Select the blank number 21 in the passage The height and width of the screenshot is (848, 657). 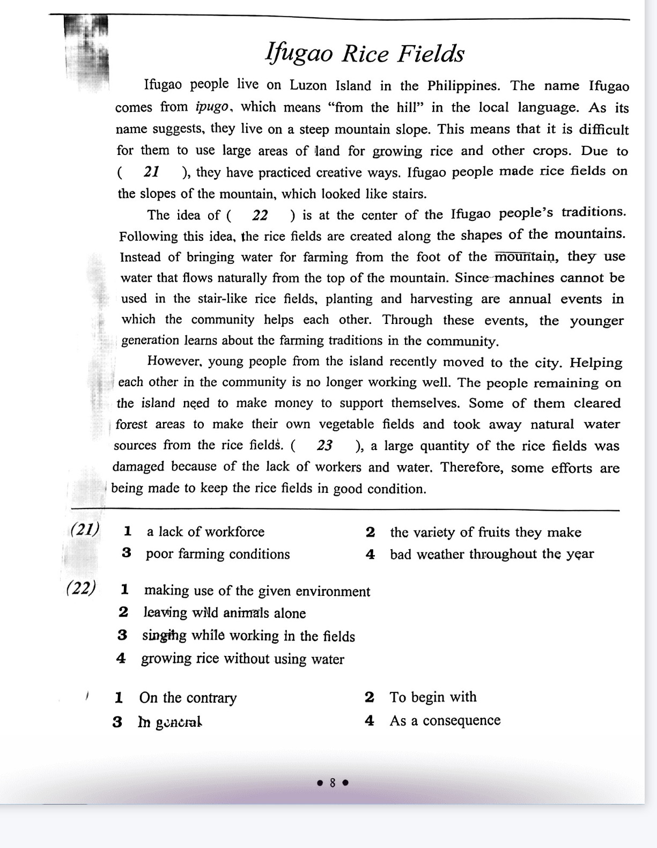coord(152,172)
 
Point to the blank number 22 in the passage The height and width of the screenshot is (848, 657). coord(260,215)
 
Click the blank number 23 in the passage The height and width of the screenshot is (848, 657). coord(324,446)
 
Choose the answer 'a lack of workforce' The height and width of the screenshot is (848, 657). coord(205,532)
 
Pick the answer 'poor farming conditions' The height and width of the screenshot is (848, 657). coord(217,554)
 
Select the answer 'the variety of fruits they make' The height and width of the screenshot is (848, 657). coord(485,532)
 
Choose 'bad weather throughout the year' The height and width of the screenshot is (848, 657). coord(492,554)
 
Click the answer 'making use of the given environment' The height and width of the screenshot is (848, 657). coord(257,591)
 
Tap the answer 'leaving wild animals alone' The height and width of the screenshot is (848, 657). coord(224,613)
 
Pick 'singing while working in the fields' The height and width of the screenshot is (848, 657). coord(248,636)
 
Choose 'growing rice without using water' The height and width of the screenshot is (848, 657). coord(242,659)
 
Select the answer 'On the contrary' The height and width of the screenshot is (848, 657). coord(188,698)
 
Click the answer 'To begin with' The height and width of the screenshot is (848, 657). coord(433,697)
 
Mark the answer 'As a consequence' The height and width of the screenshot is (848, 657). coord(445,720)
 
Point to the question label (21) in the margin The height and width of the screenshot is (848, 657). coord(85,529)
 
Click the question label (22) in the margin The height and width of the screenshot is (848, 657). coord(82,588)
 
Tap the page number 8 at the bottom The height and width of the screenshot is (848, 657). coord(333,783)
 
